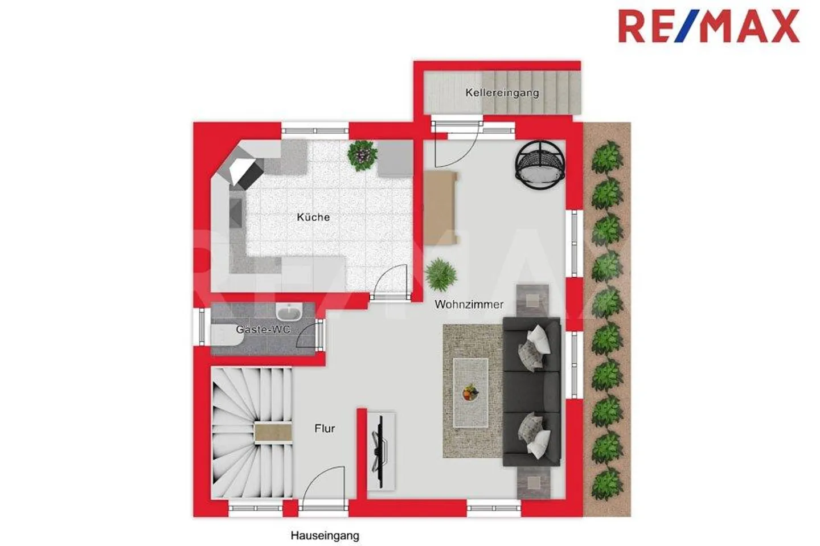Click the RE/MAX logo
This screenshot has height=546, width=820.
pos(708,26)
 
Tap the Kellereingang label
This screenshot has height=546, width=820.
pos(502,92)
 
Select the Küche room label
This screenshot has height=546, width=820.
pos(313,217)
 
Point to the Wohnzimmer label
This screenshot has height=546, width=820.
pos(469,305)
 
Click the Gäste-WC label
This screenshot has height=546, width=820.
pos(263,330)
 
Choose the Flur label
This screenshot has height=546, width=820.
pos(325,429)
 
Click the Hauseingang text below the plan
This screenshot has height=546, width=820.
pos(325,536)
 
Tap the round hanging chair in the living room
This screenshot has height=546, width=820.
pos(540,165)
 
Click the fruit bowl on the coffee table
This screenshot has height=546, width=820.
pos(470,393)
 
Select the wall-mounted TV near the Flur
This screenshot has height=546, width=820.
pos(378,444)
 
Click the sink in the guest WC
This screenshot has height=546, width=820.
pos(289,312)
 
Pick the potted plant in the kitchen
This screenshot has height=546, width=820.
pos(362,154)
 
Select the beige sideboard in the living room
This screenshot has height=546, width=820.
pos(441,207)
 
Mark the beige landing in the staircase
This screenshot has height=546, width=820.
pos(273,433)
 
